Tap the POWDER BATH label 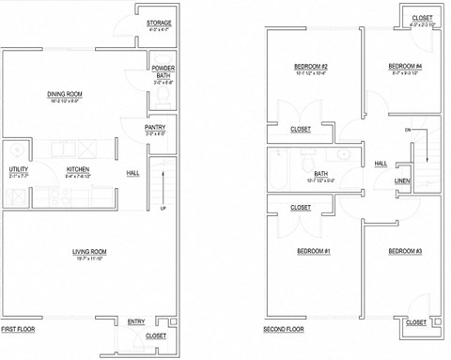(163, 71)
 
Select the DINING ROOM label (66, 94)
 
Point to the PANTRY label (156, 128)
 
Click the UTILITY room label (18, 169)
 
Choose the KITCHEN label (77, 170)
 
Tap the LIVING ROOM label (90, 251)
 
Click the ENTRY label (136, 322)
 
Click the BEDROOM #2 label (310, 66)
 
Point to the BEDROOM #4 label (406, 66)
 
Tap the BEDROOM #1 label (313, 251)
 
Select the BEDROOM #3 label (405, 251)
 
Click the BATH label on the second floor (321, 173)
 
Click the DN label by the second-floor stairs (408, 129)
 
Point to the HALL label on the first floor (133, 173)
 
